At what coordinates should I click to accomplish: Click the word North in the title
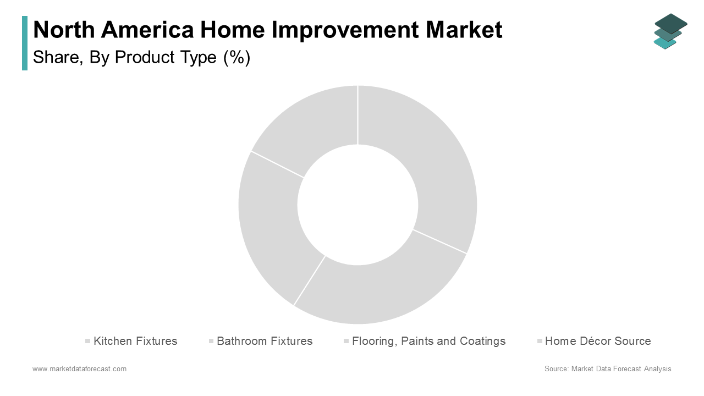click(x=64, y=30)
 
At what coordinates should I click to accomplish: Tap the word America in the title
click(x=147, y=30)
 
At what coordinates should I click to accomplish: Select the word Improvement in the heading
click(x=345, y=30)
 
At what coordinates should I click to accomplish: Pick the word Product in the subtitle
click(x=144, y=57)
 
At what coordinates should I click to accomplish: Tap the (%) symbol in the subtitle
click(x=237, y=58)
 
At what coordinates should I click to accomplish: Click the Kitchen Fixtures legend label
click(x=135, y=341)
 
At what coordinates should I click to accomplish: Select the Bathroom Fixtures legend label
click(x=265, y=341)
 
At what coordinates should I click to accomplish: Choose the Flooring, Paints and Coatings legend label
click(x=428, y=342)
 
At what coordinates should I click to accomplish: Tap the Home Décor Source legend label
click(x=598, y=341)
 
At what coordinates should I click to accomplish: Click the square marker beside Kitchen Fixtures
click(x=87, y=341)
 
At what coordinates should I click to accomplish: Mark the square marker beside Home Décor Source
click(x=540, y=341)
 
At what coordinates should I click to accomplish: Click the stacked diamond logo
click(x=670, y=31)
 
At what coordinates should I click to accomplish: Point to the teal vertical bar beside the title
click(x=25, y=43)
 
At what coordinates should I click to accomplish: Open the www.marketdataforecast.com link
click(x=79, y=369)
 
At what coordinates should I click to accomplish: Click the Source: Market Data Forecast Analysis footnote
click(x=608, y=369)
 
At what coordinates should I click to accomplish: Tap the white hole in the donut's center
click(x=358, y=205)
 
